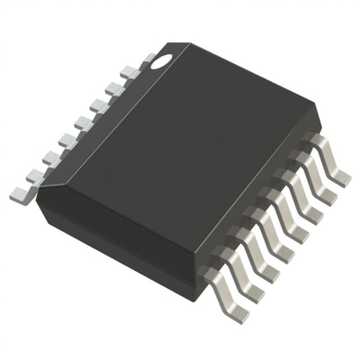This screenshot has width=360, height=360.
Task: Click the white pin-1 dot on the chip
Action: (163, 61)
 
